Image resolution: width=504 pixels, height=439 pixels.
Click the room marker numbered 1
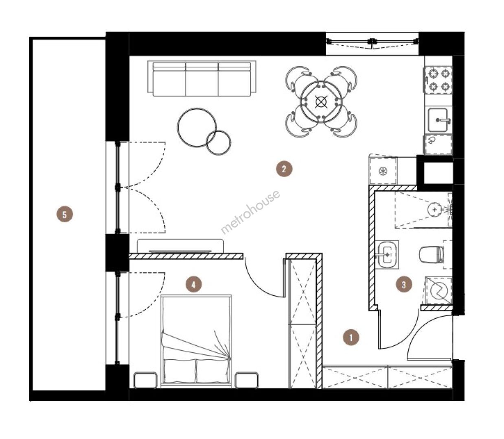(x=351, y=338)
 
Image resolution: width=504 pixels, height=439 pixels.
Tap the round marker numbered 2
(x=284, y=169)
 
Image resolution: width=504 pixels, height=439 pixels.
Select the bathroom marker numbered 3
(x=403, y=285)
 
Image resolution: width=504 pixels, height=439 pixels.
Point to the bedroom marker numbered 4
(x=193, y=285)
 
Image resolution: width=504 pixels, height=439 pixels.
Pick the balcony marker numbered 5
(x=65, y=215)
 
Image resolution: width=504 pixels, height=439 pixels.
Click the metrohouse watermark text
(x=250, y=212)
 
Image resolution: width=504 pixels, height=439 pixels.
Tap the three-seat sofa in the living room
(x=202, y=78)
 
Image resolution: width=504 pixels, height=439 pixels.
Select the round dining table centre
(x=321, y=102)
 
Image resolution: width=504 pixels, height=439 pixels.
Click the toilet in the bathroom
(x=432, y=254)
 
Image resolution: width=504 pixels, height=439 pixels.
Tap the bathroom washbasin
(x=387, y=255)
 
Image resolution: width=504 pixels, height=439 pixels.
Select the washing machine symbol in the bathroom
(x=439, y=291)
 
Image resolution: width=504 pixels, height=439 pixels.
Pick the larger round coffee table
(x=197, y=127)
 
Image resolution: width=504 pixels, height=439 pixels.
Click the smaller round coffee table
(x=218, y=142)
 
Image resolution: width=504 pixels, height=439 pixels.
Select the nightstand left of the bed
(x=145, y=380)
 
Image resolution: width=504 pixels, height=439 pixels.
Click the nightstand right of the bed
(x=247, y=380)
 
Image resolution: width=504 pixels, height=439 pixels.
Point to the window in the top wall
(x=372, y=44)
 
